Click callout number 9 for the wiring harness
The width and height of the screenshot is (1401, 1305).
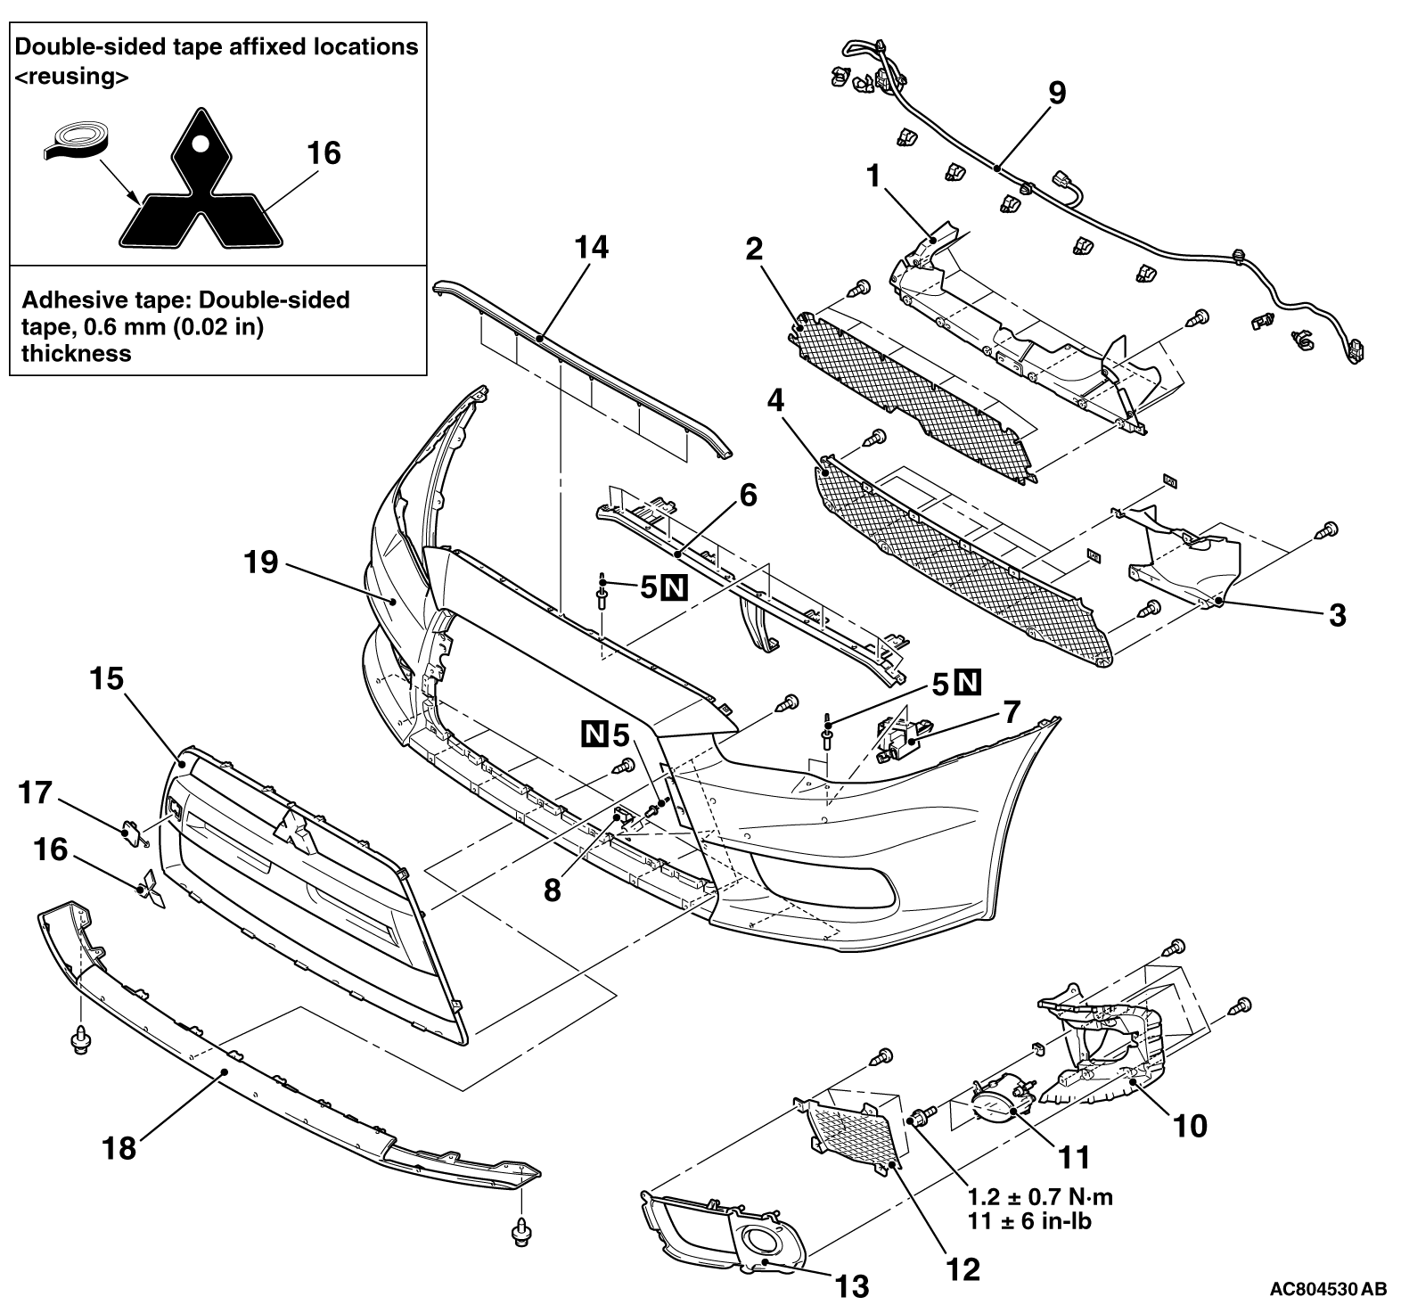point(1056,94)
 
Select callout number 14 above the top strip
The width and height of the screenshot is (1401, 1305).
point(592,247)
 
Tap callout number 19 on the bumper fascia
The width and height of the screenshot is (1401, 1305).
point(262,562)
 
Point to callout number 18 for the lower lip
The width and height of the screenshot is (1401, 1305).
point(119,1147)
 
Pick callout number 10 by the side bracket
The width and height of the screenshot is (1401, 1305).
point(1191,1125)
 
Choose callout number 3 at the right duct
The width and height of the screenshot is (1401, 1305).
point(1337,614)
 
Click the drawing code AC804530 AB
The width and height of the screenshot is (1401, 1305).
point(1328,1289)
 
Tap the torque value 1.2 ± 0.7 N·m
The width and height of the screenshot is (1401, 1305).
point(1040,1197)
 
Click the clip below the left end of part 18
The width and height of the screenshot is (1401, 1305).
point(81,1039)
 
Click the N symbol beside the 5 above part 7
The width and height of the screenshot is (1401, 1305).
point(968,684)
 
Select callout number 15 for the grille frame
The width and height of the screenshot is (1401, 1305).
point(107,679)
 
